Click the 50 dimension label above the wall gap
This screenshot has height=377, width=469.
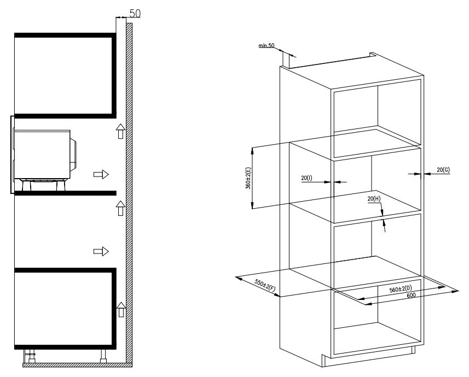(x=135, y=14)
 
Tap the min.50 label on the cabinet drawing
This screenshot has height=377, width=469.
(x=266, y=46)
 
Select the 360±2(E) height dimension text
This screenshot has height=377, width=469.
(x=248, y=178)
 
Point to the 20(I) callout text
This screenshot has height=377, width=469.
(x=306, y=178)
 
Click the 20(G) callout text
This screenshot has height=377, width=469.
(x=443, y=170)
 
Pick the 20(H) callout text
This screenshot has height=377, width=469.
(x=374, y=199)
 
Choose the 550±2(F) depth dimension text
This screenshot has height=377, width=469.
(x=265, y=285)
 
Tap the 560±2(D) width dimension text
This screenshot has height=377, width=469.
(x=401, y=289)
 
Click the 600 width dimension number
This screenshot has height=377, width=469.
(x=412, y=296)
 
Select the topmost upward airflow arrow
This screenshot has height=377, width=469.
(x=120, y=131)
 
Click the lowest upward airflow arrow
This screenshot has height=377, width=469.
(x=121, y=309)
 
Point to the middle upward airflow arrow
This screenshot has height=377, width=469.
(x=120, y=208)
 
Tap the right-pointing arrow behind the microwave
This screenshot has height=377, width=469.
(x=101, y=174)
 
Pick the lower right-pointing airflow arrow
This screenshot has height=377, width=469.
(x=101, y=251)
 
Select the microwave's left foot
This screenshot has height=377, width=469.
(x=26, y=186)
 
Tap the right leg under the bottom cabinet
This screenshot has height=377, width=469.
(x=103, y=356)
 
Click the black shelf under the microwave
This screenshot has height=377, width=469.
(x=65, y=193)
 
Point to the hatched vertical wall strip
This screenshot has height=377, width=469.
(x=129, y=193)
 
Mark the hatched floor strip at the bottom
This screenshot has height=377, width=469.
(x=78, y=365)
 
